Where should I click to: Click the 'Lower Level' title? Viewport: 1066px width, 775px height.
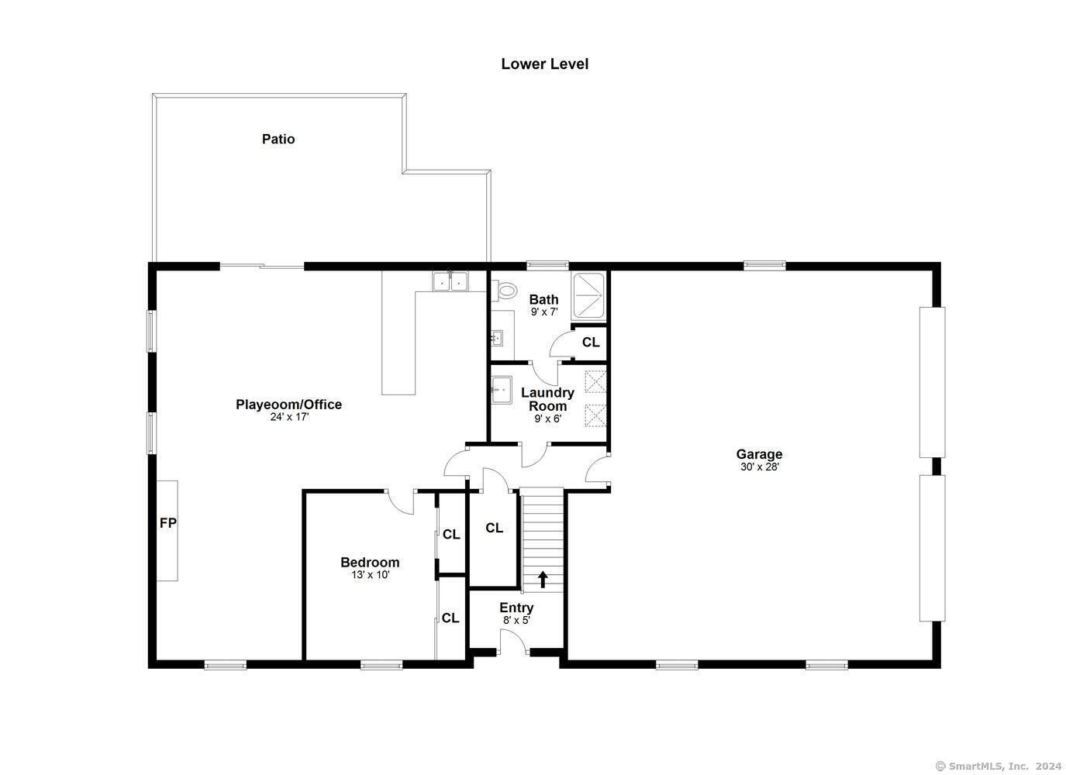pos(544,64)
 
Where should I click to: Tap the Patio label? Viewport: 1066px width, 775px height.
pos(278,139)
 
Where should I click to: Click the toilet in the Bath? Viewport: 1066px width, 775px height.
pos(503,290)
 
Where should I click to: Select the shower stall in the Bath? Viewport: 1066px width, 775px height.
pos(588,295)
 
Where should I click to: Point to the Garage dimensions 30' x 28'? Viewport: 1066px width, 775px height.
pos(760,467)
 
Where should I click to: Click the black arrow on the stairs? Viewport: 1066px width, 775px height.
pos(543,580)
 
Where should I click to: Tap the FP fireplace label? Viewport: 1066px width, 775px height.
pos(168,523)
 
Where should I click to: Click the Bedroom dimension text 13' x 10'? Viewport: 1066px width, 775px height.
pos(371,575)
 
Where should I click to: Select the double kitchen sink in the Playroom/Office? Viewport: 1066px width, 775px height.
pos(450,281)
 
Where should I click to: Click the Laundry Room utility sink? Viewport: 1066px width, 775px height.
pos(502,390)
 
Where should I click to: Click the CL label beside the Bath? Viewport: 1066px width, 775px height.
pos(591,342)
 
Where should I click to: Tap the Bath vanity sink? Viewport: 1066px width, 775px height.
pos(496,338)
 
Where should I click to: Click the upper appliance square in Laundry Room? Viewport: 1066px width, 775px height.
pos(595,381)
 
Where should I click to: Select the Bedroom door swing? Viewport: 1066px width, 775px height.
pos(400,502)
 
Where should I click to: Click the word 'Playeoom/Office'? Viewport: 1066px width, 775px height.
pos(289,405)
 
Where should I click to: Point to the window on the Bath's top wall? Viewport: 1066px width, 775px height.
pos(547,266)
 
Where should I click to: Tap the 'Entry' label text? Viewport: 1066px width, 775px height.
pos(516,608)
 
